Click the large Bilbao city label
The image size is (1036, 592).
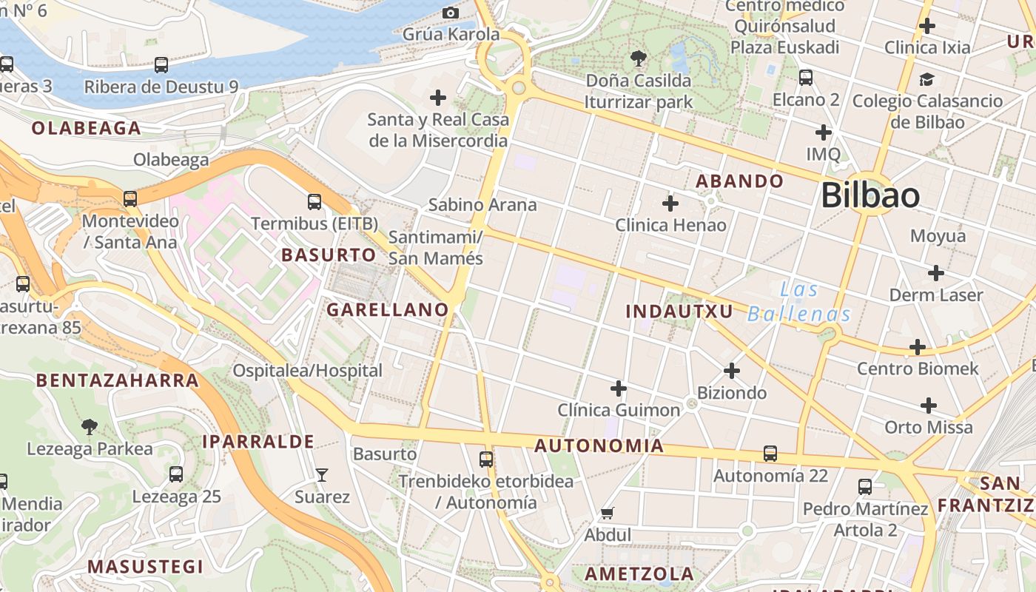[870, 196]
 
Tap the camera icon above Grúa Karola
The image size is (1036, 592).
[450, 13]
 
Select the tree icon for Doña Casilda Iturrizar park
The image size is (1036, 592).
[638, 58]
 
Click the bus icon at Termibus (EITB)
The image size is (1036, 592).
[314, 201]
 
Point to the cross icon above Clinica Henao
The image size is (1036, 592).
[670, 203]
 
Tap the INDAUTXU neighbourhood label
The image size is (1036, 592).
[679, 312]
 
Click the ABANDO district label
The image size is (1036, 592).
[739, 181]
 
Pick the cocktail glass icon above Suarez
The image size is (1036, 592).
[321, 474]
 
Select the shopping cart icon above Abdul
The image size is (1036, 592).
[608, 513]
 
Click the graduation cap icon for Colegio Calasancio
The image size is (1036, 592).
[926, 79]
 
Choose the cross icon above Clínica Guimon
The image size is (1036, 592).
[619, 388]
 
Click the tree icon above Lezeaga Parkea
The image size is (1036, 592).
[90, 426]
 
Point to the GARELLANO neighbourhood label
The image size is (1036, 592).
[388, 310]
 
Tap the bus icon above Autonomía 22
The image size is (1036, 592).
[770, 453]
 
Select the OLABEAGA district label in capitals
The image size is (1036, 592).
[86, 129]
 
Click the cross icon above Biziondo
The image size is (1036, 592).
[732, 370]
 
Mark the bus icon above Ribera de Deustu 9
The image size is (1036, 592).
[161, 65]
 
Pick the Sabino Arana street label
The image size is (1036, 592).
[482, 205]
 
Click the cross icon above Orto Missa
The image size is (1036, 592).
[929, 405]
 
